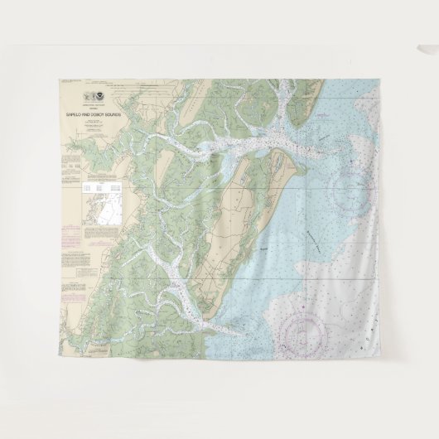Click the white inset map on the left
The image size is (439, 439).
click(102, 202)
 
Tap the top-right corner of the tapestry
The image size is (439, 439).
click(382, 79)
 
